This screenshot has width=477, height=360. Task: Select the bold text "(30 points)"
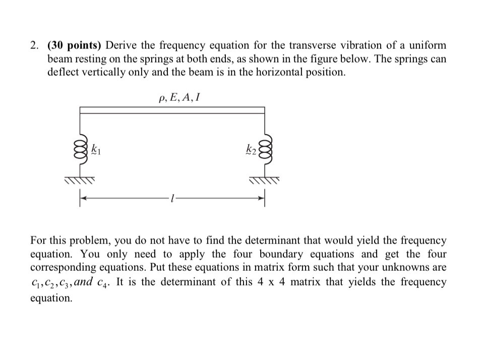tap(75, 46)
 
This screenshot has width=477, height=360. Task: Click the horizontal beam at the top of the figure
tap(172, 110)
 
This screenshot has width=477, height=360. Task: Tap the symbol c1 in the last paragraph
tap(35, 282)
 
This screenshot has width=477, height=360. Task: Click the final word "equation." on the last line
tap(51, 298)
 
